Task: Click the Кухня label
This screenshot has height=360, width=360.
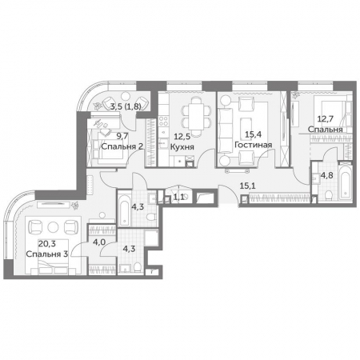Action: (182, 147)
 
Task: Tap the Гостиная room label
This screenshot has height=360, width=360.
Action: (253, 145)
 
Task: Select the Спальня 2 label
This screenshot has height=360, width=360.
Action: (122, 146)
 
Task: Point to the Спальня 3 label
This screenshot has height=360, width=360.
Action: (47, 254)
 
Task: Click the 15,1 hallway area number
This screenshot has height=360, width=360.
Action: (247, 186)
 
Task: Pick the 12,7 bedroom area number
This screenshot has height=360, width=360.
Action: (326, 118)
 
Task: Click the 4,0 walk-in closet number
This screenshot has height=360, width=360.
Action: (99, 242)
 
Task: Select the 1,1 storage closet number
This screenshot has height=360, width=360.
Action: (178, 197)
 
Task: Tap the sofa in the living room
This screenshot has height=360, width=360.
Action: (225, 130)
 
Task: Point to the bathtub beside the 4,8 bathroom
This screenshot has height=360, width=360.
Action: (345, 181)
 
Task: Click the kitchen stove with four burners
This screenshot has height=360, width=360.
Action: (163, 121)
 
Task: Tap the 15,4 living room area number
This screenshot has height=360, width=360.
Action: (253, 134)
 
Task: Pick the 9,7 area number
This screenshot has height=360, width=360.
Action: (122, 136)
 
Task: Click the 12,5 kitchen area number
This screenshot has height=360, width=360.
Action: (182, 137)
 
